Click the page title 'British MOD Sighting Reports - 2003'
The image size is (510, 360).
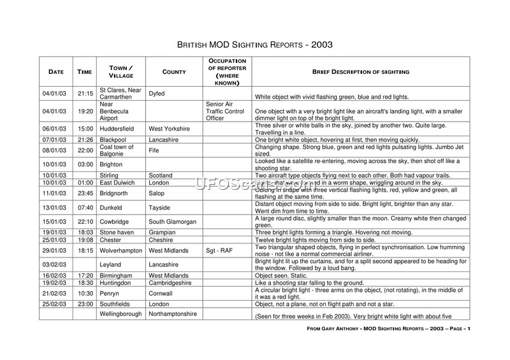click(x=254, y=46)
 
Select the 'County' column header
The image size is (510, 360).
click(x=174, y=72)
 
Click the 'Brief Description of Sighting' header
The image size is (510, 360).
click(x=360, y=72)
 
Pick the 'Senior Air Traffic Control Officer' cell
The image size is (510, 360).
click(x=226, y=111)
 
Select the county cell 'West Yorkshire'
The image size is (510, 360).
click(x=169, y=129)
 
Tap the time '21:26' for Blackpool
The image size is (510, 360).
click(x=85, y=139)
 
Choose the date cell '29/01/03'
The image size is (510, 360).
click(x=55, y=251)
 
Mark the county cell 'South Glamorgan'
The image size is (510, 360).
click(x=173, y=222)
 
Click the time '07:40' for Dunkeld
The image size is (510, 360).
click(x=85, y=207)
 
